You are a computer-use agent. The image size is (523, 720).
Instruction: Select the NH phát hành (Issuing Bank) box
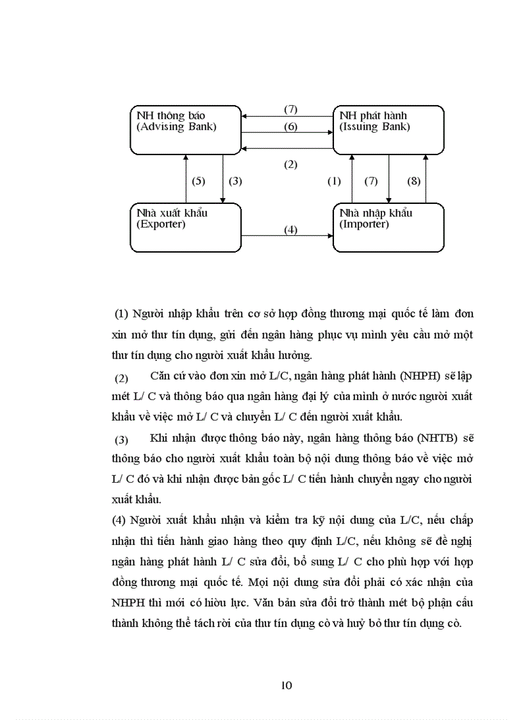click(x=388, y=130)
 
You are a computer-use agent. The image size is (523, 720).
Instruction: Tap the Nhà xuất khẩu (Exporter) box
click(x=186, y=228)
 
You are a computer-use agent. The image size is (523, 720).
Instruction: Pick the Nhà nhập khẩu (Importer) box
click(x=388, y=228)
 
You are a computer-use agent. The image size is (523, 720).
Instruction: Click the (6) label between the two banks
click(x=290, y=127)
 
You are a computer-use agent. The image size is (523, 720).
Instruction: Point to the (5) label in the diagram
click(x=198, y=181)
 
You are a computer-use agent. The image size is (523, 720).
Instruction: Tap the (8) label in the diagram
click(x=414, y=181)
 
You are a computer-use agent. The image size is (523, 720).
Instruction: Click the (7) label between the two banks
click(x=290, y=110)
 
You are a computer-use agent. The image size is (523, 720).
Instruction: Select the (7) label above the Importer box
click(x=371, y=181)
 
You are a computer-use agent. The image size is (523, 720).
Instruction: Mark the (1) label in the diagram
click(x=334, y=181)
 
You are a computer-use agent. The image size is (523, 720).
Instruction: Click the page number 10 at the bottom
click(x=286, y=685)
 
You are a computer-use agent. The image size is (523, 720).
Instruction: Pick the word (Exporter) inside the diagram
click(x=161, y=224)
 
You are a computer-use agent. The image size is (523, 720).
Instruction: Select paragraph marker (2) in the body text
click(x=122, y=377)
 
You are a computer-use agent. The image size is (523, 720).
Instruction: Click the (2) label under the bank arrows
click(x=290, y=164)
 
